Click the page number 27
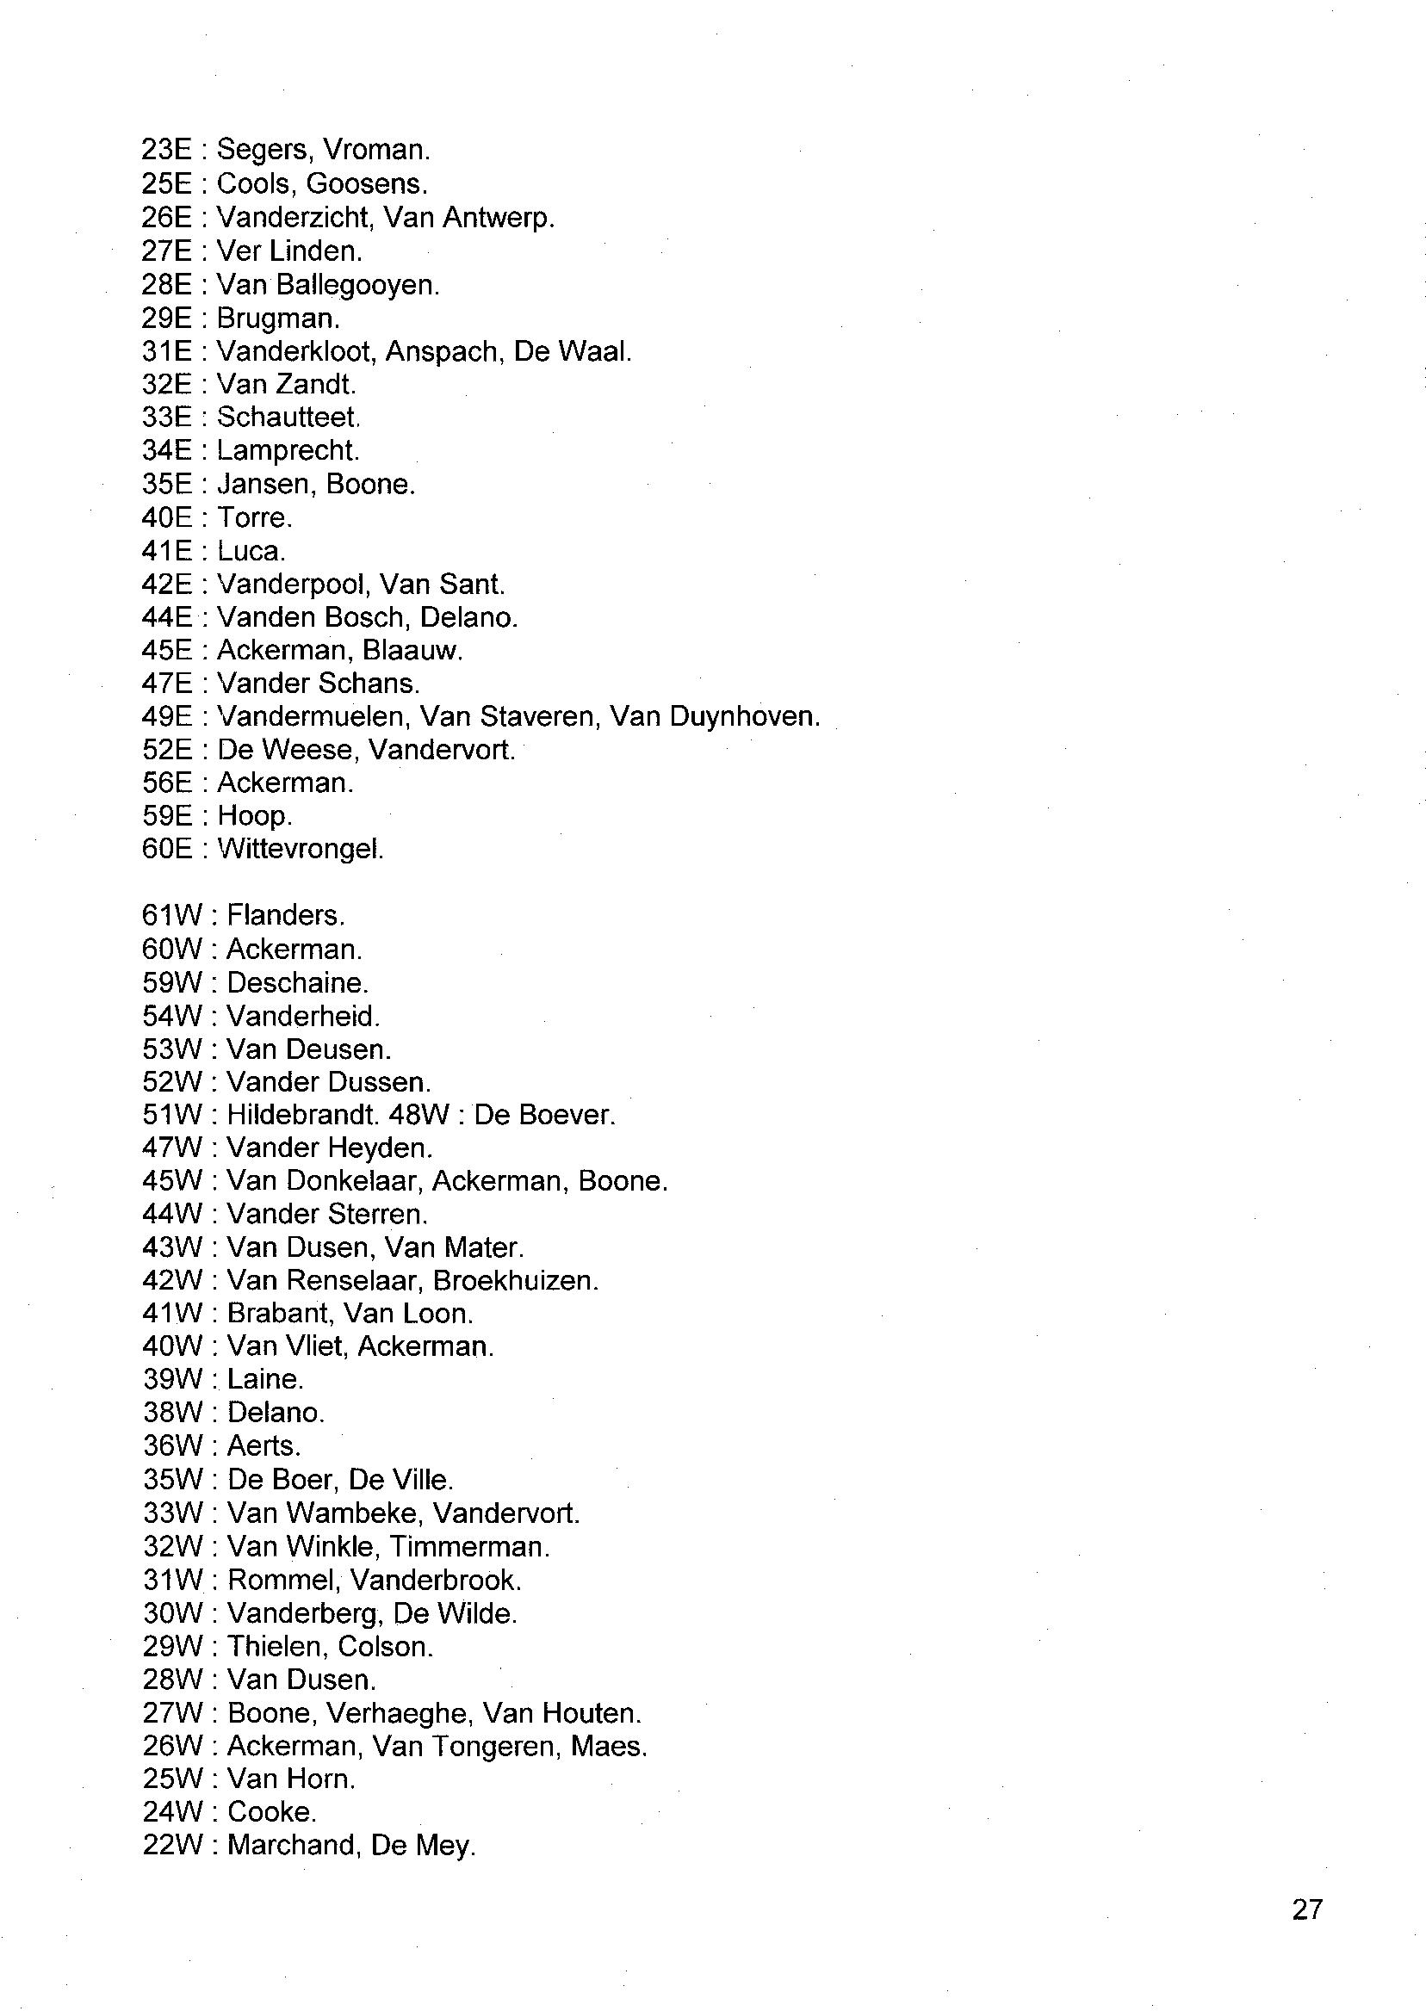(1306, 1909)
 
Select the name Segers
(261, 151)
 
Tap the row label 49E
(167, 717)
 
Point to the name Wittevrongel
(300, 850)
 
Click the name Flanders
(284, 915)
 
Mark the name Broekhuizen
(515, 1281)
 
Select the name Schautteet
(287, 417)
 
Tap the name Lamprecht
(287, 451)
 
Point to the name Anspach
(443, 351)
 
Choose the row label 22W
(172, 1845)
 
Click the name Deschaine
(296, 983)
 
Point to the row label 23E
(167, 151)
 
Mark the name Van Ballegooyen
(326, 285)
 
